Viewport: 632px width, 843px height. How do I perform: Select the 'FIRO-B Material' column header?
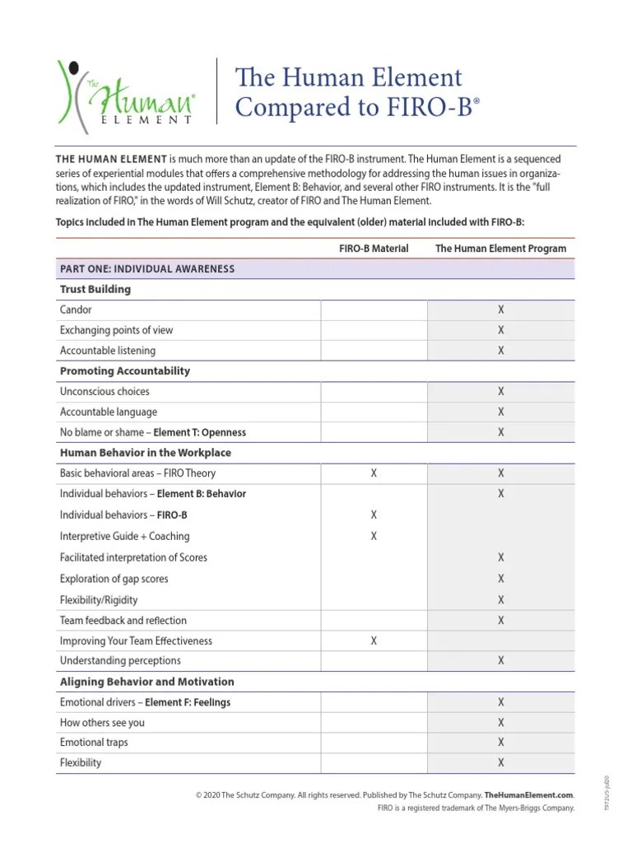374,248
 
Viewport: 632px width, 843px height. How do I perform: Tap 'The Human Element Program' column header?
500,248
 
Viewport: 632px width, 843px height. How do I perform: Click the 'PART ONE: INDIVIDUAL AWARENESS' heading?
147,269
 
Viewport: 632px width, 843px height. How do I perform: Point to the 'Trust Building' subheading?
95,290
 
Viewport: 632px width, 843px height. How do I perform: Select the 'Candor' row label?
76,310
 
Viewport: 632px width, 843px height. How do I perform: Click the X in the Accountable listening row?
500,351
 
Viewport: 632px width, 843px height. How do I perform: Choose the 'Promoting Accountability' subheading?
125,371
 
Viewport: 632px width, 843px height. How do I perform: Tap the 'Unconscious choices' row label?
105,392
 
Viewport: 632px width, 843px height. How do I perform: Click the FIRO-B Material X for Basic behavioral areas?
374,473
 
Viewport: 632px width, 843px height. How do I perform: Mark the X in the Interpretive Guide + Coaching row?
374,536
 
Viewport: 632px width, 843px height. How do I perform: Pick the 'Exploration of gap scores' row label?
114,579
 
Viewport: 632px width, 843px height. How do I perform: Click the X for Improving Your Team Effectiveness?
374,640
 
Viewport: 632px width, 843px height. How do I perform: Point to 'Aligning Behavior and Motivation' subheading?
147,682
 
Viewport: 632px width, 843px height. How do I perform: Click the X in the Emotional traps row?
500,743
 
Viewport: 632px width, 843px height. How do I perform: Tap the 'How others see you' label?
102,723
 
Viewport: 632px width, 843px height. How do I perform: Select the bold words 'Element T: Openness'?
200,433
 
